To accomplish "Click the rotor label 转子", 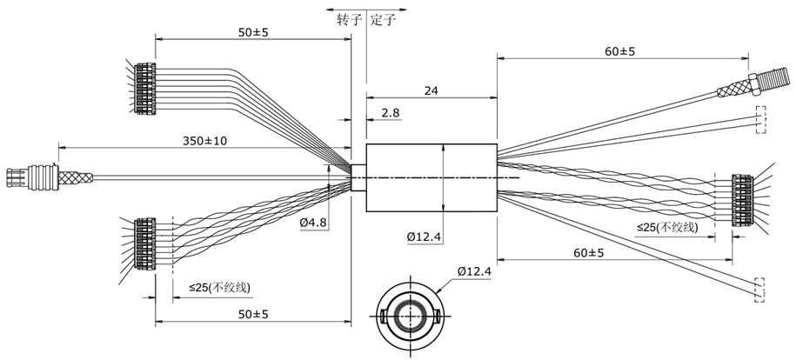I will coord(348,21).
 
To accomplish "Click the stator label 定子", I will coord(383,21).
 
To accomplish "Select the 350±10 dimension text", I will coord(204,141).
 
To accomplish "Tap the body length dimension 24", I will coord(431,90).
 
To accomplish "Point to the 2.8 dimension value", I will coord(391,113).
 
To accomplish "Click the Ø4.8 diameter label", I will coord(313,223).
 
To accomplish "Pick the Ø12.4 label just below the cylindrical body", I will coord(425,237).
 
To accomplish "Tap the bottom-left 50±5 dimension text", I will coord(252,313).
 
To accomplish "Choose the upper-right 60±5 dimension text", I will coord(619,51).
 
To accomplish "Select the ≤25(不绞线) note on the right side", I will coord(667,228).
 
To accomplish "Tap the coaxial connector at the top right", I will coord(744,87).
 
